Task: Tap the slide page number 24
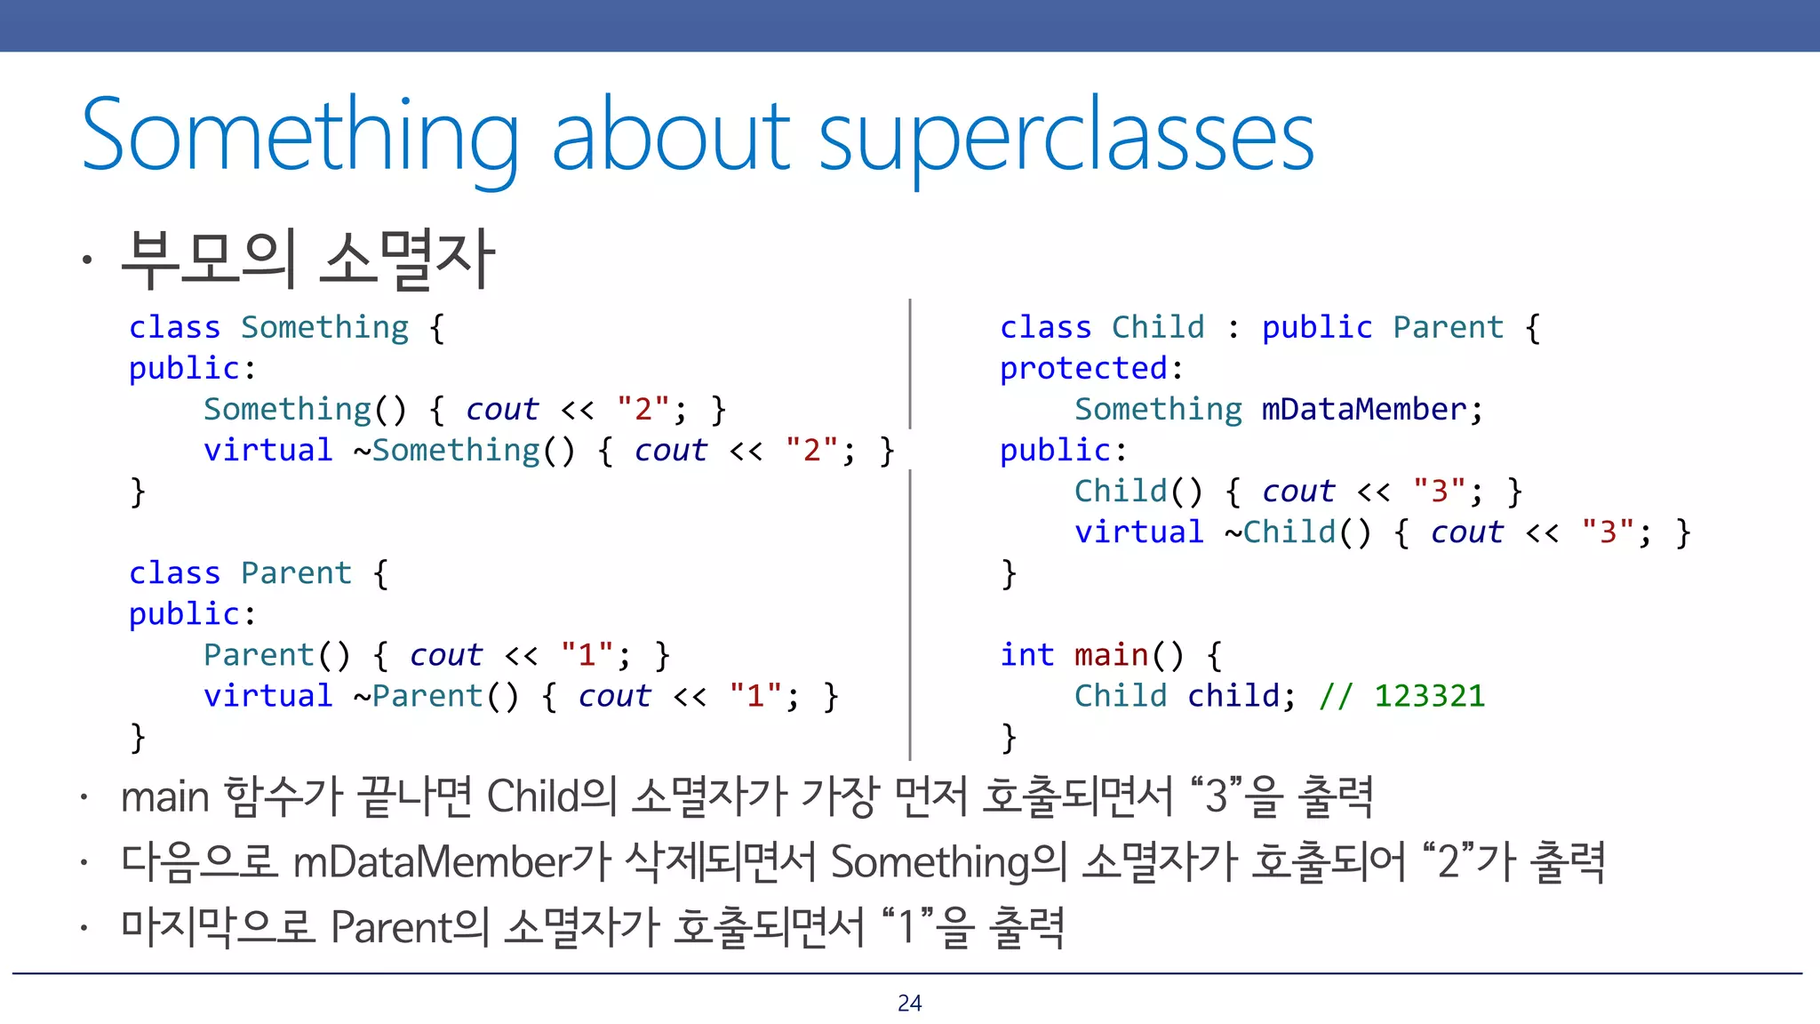909,1003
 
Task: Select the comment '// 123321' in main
1401,695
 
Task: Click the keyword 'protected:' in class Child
1090,368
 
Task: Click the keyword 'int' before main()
1026,654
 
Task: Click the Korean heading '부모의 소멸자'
307,260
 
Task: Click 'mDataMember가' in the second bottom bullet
451,861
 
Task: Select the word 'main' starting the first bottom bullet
164,796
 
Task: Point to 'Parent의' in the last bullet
410,927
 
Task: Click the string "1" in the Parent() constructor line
587,654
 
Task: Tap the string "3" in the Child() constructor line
1439,491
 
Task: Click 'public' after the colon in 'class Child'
1316,327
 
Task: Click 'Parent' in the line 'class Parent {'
296,572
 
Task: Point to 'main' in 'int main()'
1111,654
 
